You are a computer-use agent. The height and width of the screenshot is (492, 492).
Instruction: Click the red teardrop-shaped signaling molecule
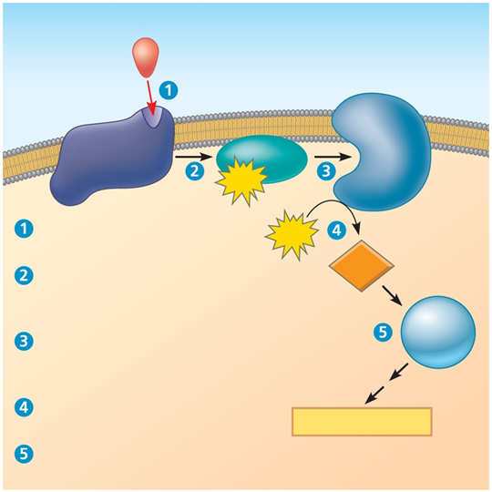(146, 57)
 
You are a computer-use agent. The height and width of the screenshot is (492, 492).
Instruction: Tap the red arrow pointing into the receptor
(150, 97)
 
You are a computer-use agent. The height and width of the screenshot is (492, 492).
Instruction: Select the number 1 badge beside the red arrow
(169, 91)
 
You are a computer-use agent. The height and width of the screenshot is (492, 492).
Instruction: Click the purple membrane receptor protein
(113, 156)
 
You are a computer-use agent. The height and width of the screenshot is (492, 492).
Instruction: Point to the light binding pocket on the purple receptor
(152, 117)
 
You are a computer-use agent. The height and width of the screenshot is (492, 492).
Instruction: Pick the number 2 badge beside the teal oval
(195, 171)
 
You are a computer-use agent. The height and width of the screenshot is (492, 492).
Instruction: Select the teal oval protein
(262, 159)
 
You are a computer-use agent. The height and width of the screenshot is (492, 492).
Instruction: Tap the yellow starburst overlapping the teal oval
(241, 181)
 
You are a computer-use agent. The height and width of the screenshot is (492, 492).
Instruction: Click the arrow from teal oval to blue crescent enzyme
(333, 157)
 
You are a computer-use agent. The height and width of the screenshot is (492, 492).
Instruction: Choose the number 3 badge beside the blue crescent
(326, 171)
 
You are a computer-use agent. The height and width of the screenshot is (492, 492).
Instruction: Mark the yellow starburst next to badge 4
(292, 235)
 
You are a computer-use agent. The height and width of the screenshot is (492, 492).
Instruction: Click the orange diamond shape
(362, 266)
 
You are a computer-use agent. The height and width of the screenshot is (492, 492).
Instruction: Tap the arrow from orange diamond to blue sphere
(392, 295)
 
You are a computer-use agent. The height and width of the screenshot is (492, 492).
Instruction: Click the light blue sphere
(438, 332)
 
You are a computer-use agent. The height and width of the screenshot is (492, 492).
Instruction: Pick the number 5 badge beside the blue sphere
(383, 333)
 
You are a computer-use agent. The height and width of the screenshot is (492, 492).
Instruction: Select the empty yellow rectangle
(362, 422)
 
